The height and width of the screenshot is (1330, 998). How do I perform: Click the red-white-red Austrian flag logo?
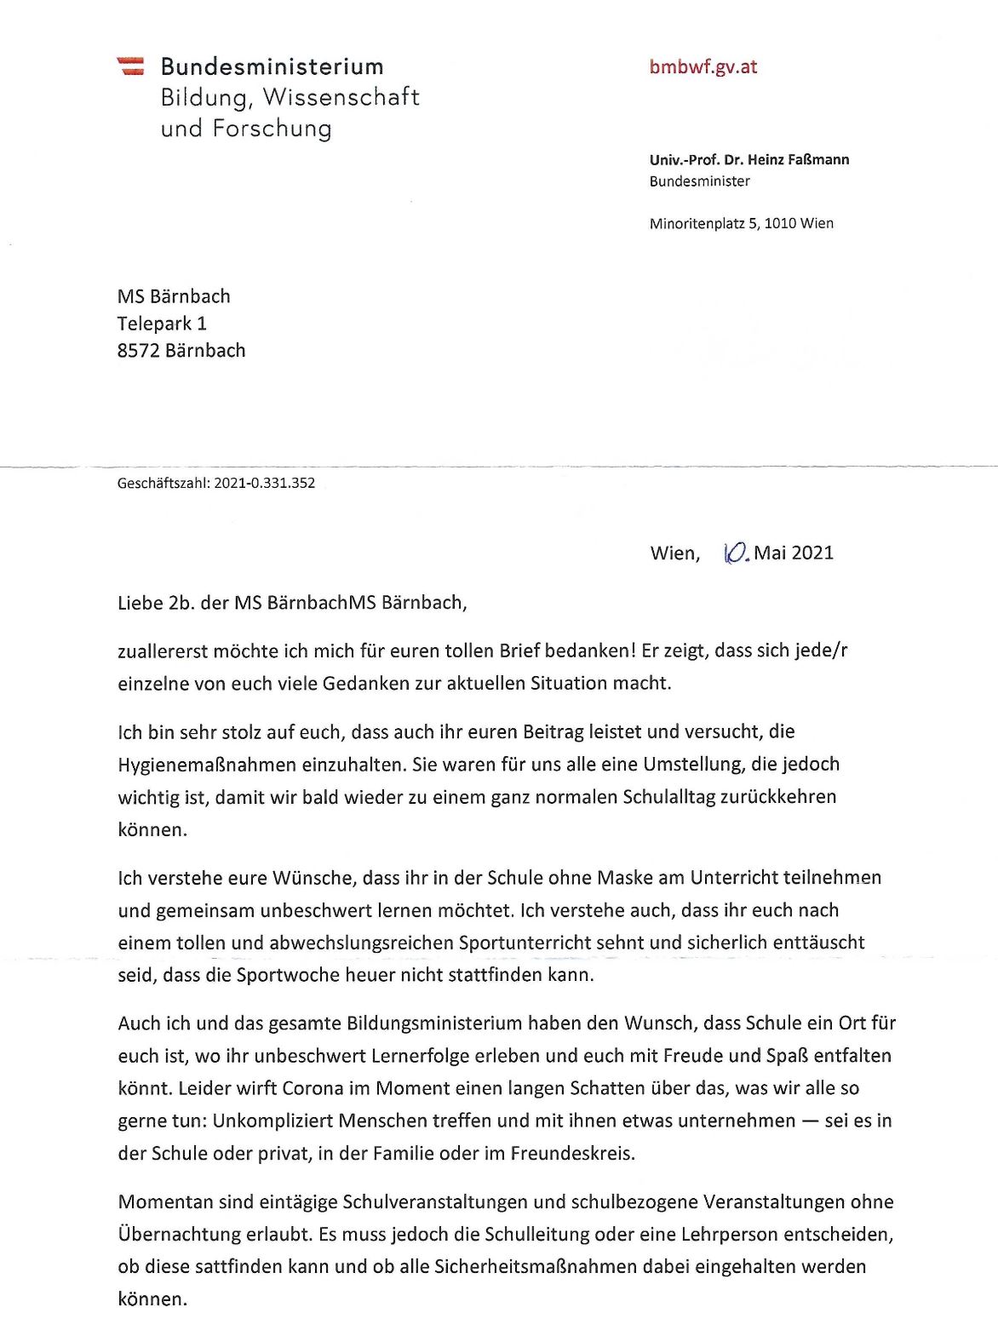coord(130,66)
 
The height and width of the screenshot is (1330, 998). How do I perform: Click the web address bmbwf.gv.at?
coord(703,67)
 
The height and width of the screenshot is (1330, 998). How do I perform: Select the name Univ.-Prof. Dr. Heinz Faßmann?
coord(748,159)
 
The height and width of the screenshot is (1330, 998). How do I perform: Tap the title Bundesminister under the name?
coord(699,181)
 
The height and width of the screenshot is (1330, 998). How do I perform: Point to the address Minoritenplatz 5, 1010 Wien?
coord(741,223)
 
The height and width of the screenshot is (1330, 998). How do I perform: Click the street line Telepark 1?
coord(162,324)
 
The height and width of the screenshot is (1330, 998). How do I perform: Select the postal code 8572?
coord(138,351)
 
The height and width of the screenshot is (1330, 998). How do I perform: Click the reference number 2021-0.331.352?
coord(264,483)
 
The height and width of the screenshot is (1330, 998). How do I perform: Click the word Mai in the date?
coord(770,553)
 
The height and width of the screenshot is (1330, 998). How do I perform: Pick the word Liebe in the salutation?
coord(140,603)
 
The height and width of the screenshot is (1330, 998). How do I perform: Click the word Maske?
coord(624,878)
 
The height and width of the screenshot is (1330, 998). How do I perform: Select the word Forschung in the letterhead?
coord(272,129)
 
